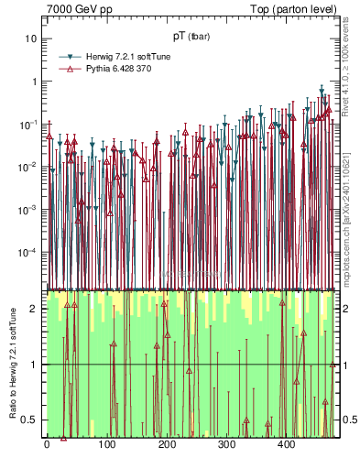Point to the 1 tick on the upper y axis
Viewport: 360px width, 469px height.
pos(34,82)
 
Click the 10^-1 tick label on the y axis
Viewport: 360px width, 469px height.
pos(29,124)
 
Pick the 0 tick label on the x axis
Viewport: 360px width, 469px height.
pos(47,445)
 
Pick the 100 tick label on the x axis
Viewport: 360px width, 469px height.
pos(106,445)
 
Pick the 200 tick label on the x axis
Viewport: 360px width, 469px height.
pos(166,445)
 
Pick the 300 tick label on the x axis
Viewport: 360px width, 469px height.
pos(226,445)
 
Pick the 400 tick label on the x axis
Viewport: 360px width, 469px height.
pos(286,445)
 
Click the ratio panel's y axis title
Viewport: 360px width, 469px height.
pos(10,364)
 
